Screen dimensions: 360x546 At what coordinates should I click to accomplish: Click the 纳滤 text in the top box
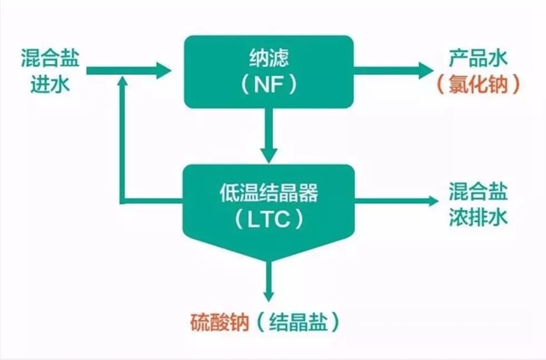tap(269, 59)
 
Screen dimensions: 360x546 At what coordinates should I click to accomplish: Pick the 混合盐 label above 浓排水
tap(479, 191)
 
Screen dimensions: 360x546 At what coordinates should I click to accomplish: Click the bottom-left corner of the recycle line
tap(125, 203)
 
